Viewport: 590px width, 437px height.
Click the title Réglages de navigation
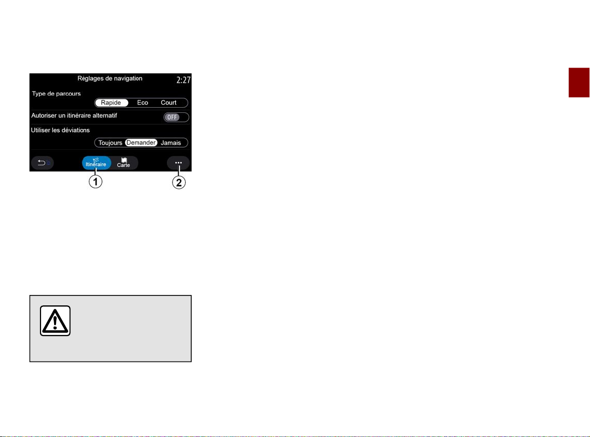click(x=110, y=79)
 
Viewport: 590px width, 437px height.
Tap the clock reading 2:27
click(x=183, y=80)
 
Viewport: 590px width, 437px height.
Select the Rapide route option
click(x=111, y=102)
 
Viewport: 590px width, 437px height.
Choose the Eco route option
click(x=142, y=102)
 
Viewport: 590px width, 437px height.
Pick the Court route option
click(x=168, y=102)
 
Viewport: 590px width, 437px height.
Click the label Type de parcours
click(x=56, y=94)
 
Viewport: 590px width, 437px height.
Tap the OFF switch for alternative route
click(x=176, y=117)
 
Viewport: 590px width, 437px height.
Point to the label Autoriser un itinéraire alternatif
click(x=74, y=115)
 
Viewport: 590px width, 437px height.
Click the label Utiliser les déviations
click(x=60, y=131)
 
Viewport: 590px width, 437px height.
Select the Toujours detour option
click(x=110, y=143)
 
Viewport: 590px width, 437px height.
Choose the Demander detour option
click(x=141, y=143)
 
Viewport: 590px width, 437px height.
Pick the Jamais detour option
click(x=171, y=143)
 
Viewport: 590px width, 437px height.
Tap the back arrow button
click(x=43, y=163)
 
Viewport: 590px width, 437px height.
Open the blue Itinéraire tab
click(x=97, y=163)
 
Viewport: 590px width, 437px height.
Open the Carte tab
click(x=124, y=163)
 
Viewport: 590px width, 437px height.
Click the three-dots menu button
click(x=178, y=163)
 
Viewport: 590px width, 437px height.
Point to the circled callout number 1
click(x=96, y=182)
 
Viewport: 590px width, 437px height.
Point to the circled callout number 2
click(x=179, y=183)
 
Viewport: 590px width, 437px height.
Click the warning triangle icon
click(x=55, y=321)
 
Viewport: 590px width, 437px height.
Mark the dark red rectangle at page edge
click(x=579, y=83)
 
